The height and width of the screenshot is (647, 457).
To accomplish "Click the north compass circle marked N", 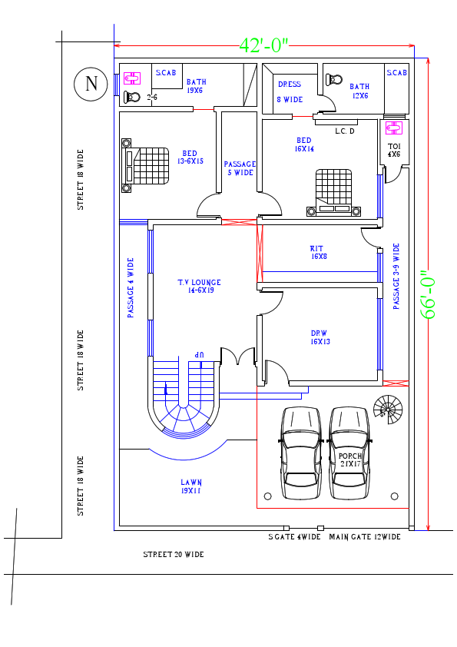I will pyautogui.click(x=91, y=84).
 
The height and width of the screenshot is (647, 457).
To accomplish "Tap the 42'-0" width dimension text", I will pyautogui.click(x=263, y=45).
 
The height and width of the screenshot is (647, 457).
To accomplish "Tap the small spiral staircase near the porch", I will pyautogui.click(x=387, y=409).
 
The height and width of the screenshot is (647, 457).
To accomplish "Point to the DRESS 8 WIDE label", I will pyautogui.click(x=290, y=91).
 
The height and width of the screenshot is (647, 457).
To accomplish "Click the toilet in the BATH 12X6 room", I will pyautogui.click(x=334, y=79).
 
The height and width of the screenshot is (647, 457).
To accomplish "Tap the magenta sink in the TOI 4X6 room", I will pyautogui.click(x=393, y=128).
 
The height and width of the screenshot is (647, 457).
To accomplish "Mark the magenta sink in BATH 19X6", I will pyautogui.click(x=132, y=77).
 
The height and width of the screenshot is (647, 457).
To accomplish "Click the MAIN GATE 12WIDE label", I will pyautogui.click(x=365, y=537).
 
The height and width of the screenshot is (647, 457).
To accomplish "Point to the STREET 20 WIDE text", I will pyautogui.click(x=174, y=554).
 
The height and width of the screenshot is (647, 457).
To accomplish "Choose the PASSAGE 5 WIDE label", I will pyautogui.click(x=240, y=168).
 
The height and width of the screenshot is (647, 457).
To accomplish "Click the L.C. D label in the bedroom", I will pyautogui.click(x=345, y=131).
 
